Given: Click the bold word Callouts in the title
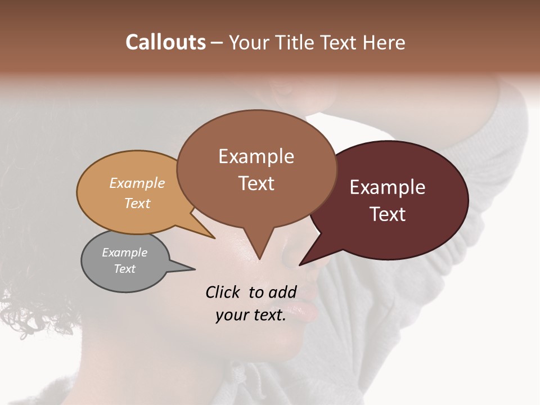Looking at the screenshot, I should click(x=165, y=42).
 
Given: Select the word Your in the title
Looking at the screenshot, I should click(x=250, y=43).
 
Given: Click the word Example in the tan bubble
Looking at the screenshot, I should click(x=137, y=183).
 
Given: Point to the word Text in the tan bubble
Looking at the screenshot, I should click(x=137, y=203).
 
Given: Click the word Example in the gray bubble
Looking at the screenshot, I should click(x=124, y=253).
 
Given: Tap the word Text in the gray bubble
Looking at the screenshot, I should click(x=124, y=269).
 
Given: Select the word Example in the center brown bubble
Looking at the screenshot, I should click(x=256, y=156).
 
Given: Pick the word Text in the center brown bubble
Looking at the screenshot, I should click(x=256, y=183).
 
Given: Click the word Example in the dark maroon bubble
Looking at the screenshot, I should click(x=388, y=187).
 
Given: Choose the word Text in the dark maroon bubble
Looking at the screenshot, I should click(x=388, y=214).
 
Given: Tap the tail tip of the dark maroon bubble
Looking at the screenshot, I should click(x=300, y=264).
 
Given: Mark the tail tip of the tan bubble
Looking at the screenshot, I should click(x=214, y=238).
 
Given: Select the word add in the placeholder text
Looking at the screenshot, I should click(x=283, y=292).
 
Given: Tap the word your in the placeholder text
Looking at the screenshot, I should click(x=231, y=316).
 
